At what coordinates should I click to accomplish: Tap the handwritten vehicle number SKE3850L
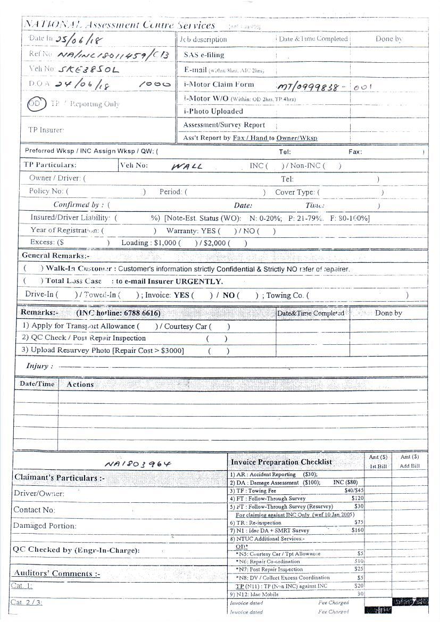(88, 70)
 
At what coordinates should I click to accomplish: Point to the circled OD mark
(35, 104)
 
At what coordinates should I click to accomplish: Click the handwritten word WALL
(187, 166)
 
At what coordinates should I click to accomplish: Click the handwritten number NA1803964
(138, 463)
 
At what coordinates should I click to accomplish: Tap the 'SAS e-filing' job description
(204, 55)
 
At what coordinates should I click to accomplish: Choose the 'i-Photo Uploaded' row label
(213, 112)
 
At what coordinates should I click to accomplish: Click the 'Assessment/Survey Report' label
(224, 125)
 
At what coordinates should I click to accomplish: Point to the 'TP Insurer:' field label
(46, 130)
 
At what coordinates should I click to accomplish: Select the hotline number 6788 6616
(141, 313)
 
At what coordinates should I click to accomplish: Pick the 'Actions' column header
(80, 384)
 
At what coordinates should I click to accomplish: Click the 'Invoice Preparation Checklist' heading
(281, 462)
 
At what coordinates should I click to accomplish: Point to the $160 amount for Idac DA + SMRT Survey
(358, 530)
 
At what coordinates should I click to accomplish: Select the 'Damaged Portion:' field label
(45, 526)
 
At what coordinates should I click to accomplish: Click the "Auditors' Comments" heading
(56, 574)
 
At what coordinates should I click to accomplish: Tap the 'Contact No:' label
(35, 510)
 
